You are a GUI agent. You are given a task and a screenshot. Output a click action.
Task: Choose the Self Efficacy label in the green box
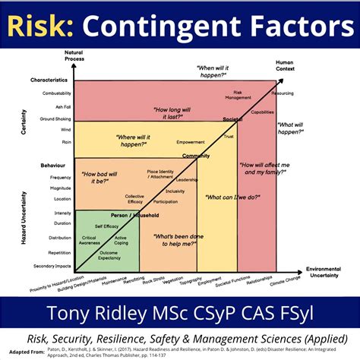[106, 226]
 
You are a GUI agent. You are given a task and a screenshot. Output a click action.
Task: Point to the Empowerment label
[189, 142]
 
